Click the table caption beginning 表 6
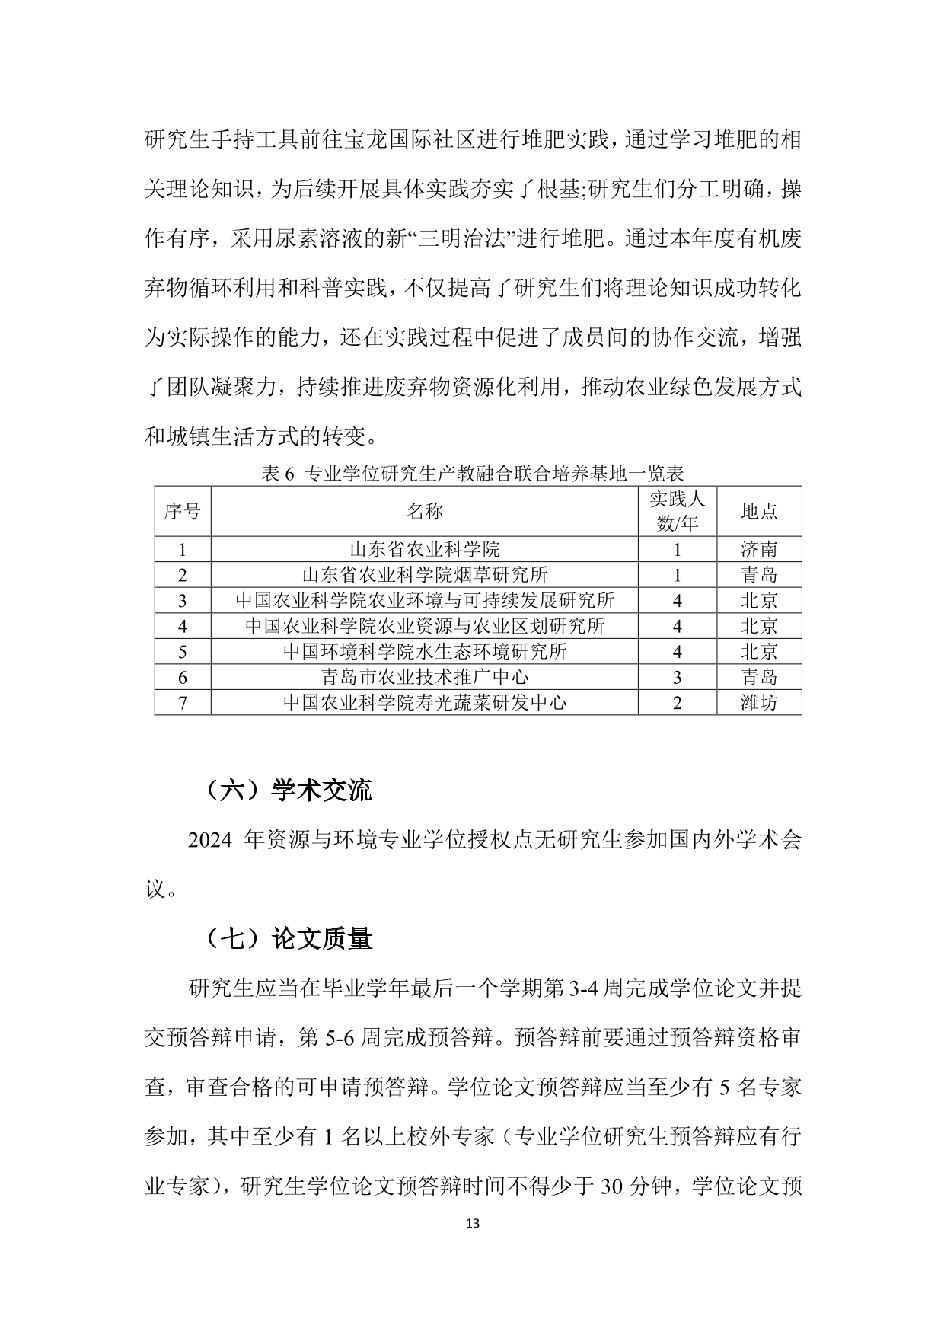[472, 474]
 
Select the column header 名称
[424, 511]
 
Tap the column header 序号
[183, 511]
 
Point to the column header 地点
[759, 511]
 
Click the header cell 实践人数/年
[677, 511]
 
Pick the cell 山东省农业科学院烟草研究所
[424, 575]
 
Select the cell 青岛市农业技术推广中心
[424, 677]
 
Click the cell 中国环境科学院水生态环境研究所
[424, 652]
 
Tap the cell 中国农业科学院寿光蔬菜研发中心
[424, 702]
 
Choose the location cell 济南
[759, 549]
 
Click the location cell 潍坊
[759, 702]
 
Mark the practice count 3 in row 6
[677, 677]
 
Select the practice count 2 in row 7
[677, 702]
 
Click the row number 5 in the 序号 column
[183, 652]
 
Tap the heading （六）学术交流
[288, 791]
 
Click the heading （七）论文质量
[288, 939]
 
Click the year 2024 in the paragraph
[209, 841]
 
